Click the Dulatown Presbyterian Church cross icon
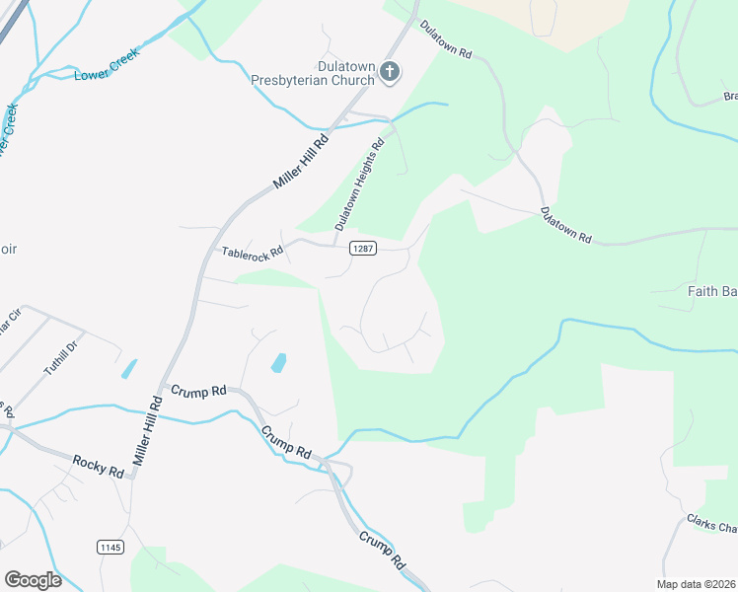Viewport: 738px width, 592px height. tap(391, 70)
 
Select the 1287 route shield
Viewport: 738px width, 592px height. tap(362, 249)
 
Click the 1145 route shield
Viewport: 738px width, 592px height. tap(111, 546)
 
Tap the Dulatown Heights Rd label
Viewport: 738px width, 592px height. tap(358, 185)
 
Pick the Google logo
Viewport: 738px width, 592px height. tap(33, 579)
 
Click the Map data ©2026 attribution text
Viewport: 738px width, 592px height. tap(696, 584)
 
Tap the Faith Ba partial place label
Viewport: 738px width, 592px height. tap(711, 291)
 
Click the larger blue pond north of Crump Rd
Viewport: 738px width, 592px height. tap(278, 363)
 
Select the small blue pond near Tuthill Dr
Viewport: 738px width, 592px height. tap(129, 369)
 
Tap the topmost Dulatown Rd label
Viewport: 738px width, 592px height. tap(445, 38)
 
